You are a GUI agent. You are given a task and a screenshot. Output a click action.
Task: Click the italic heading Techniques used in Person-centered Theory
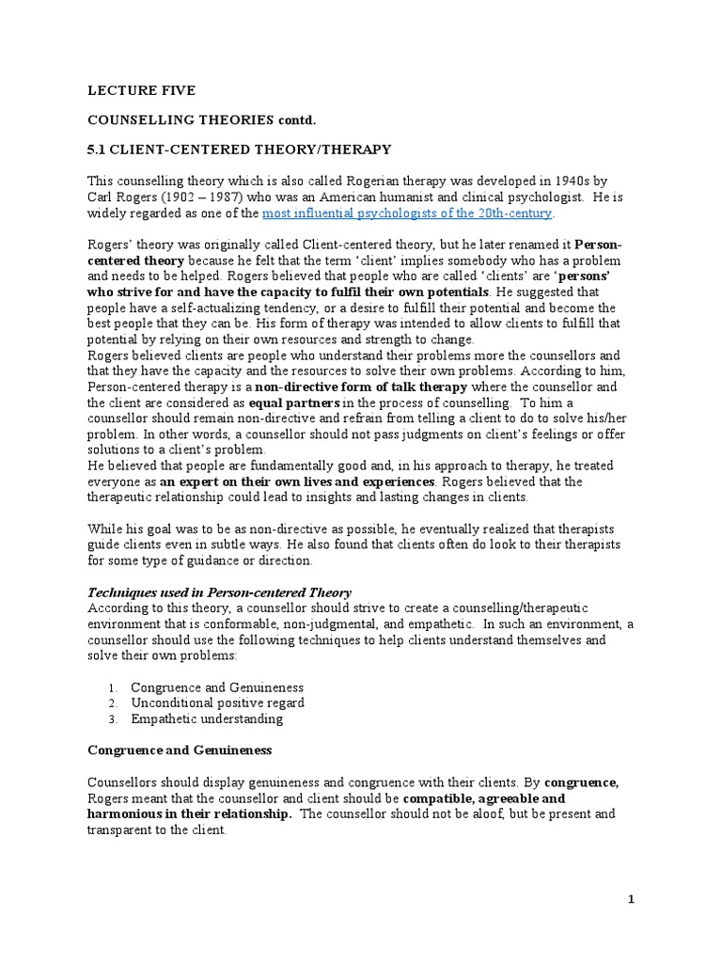(219, 592)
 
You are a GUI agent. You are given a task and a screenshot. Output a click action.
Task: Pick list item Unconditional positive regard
(217, 703)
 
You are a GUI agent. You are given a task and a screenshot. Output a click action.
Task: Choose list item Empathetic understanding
(207, 719)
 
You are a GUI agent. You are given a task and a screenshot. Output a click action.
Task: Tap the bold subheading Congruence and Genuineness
(180, 750)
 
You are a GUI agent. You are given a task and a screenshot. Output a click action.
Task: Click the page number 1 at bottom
(632, 899)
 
